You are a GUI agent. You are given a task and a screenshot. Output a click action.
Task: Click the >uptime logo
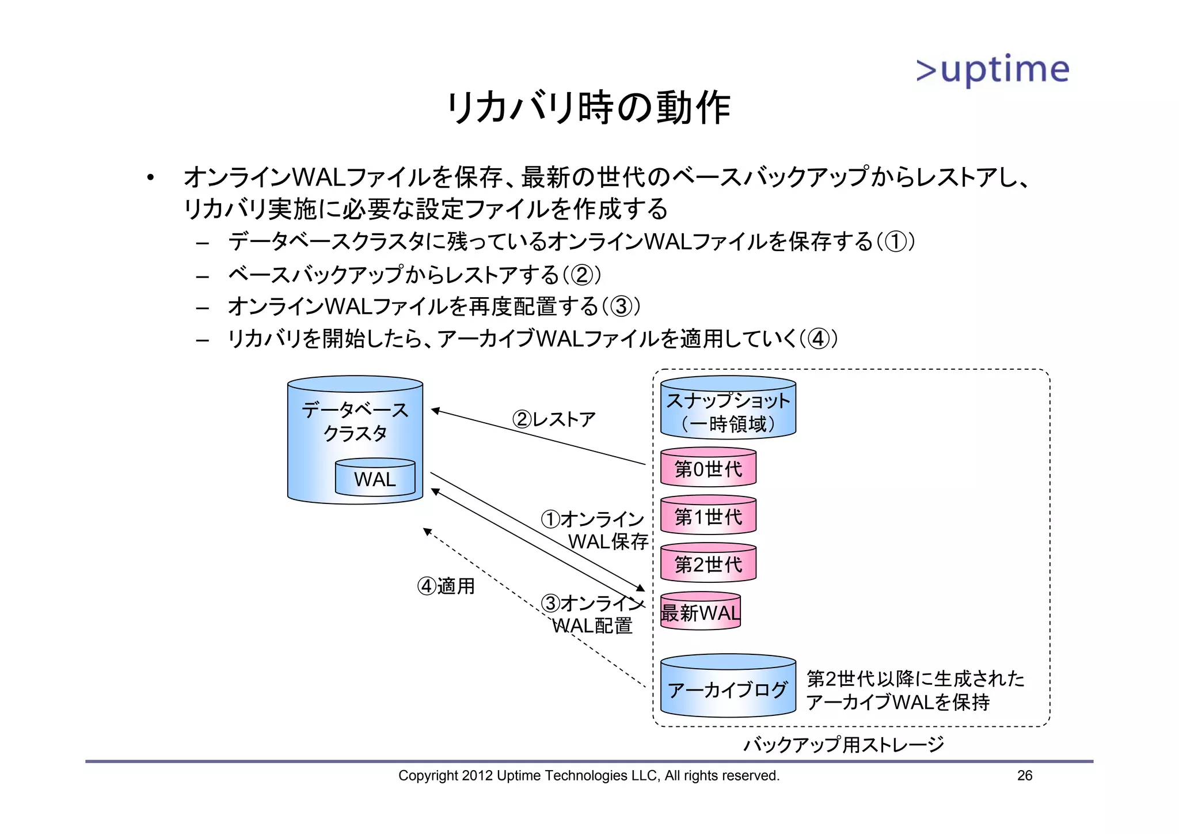coord(992,71)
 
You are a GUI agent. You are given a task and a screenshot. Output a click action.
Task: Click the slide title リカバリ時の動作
coord(588,108)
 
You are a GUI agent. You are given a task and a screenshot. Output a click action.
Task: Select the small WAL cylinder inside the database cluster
coord(375,477)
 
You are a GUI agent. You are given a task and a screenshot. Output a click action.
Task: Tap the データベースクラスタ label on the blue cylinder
coord(355,421)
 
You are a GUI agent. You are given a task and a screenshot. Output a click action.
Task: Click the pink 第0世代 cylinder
coord(708,468)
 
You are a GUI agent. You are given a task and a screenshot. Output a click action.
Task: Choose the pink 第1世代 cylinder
coord(708,516)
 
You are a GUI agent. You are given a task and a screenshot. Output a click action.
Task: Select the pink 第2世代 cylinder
coord(708,564)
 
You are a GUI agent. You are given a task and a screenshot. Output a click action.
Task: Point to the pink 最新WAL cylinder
coord(700,612)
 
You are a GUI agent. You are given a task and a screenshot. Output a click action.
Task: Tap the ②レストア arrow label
coord(553,419)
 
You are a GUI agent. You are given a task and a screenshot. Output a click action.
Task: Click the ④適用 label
coord(446,586)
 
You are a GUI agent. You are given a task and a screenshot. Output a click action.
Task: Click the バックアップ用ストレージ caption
coord(843,744)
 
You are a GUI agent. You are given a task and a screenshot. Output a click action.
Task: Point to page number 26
coord(1025,776)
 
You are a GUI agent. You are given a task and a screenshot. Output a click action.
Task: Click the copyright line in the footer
coord(588,776)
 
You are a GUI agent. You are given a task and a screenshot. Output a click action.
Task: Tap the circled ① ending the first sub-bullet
coord(895,241)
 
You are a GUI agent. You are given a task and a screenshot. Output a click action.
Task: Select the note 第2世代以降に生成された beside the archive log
coord(915,679)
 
